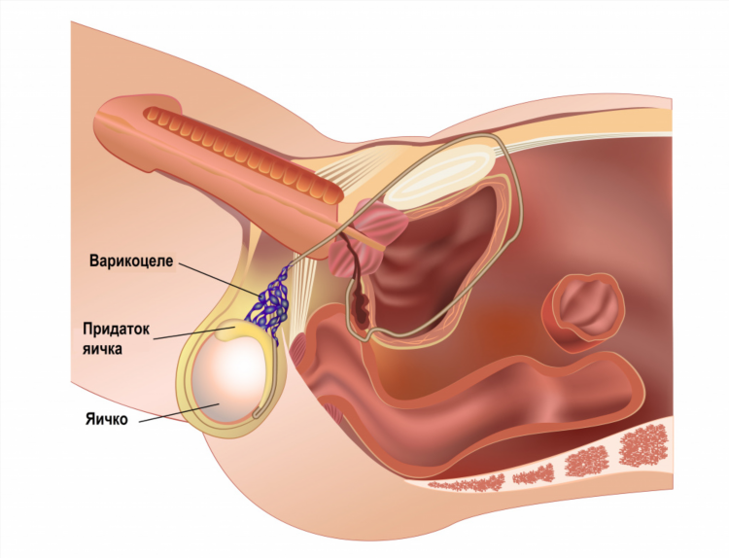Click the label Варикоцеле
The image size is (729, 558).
click(131, 261)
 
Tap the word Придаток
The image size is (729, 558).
click(117, 330)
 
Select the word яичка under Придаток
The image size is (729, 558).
click(102, 349)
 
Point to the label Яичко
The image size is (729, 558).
click(107, 419)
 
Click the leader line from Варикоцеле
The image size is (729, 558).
click(218, 279)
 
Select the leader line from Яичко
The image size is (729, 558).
click(179, 413)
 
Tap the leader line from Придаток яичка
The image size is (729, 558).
click(194, 332)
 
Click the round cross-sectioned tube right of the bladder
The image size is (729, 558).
click(583, 312)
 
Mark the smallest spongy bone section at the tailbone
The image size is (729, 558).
click(466, 484)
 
